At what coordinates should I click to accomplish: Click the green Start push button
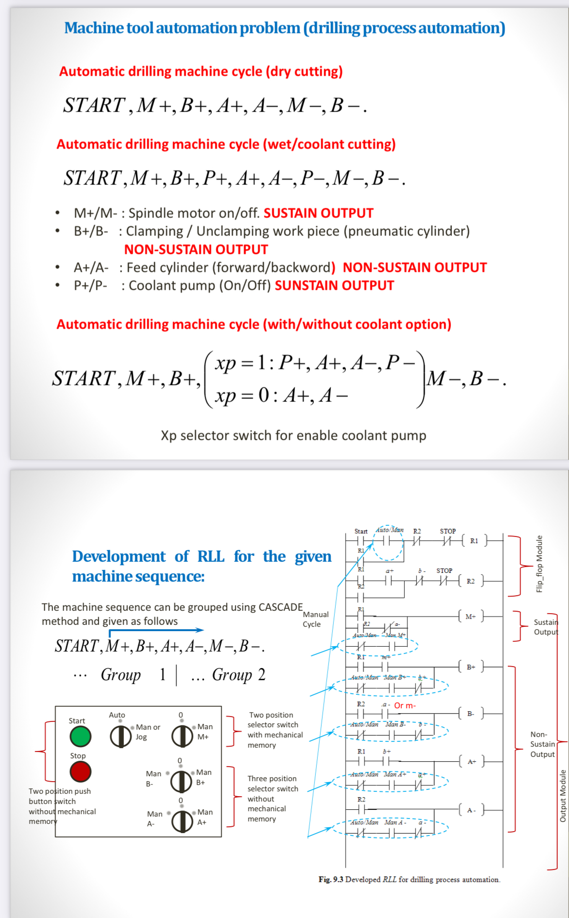coord(80,736)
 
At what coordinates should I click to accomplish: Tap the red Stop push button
coord(80,771)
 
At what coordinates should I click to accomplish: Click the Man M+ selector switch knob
coord(182,736)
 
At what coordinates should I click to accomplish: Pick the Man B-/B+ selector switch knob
coord(181,781)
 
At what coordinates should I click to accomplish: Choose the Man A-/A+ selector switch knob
coord(182,821)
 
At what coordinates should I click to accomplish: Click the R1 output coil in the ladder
coord(474,541)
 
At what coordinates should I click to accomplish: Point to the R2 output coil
coord(470,581)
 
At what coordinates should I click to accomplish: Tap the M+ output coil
coord(470,617)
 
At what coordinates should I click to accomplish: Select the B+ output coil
coord(470,667)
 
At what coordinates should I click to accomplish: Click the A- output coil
coord(471,810)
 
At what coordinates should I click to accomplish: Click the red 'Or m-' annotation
coord(405,705)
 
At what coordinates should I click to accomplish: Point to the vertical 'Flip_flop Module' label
coord(539,564)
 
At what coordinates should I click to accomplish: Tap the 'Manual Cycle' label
coord(315,619)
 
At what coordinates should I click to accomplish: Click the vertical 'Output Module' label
coord(563,796)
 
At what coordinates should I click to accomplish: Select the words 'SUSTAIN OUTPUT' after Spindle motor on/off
coord(318,213)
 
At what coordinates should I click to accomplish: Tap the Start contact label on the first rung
coord(361,531)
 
